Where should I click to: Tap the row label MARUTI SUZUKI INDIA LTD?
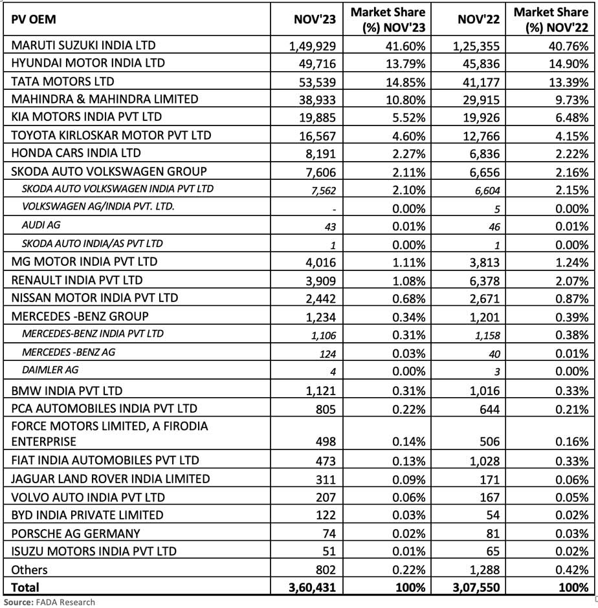(83, 45)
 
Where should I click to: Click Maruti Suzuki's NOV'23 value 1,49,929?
(313, 46)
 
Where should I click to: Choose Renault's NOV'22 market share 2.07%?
(571, 281)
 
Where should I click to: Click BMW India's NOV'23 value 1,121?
(320, 391)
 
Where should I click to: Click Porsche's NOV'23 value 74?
(328, 534)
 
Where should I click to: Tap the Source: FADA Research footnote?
(49, 602)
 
